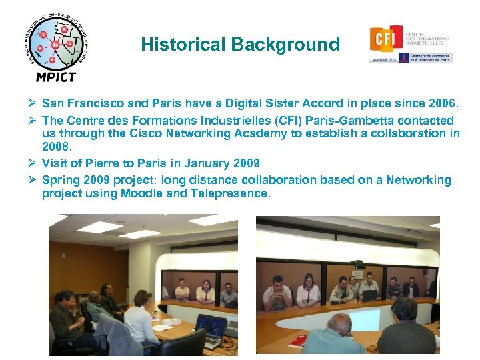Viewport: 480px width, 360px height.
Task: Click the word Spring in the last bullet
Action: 59,180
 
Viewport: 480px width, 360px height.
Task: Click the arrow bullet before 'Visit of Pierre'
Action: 31,163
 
